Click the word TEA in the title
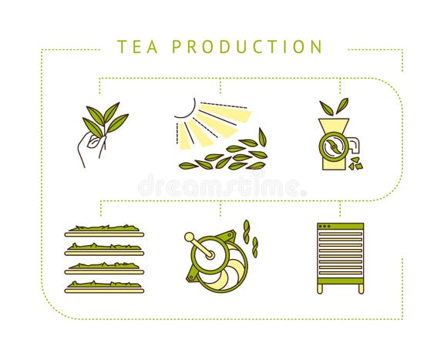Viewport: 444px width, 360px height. (x=138, y=47)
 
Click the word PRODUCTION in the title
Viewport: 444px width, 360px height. (x=247, y=47)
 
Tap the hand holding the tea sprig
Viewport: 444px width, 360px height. (x=89, y=149)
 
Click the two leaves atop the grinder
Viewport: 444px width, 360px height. (x=334, y=107)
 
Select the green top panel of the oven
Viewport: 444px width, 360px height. (x=340, y=227)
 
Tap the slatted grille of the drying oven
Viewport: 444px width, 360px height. (x=340, y=255)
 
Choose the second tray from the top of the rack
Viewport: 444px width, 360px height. (x=103, y=249)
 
